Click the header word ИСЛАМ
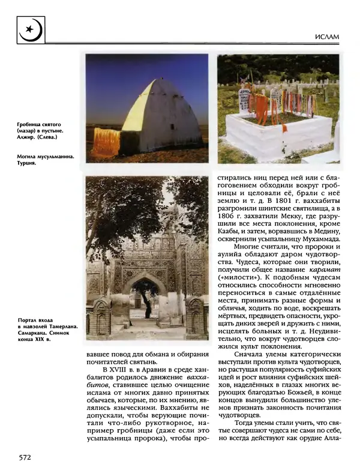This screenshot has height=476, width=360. coord(326,37)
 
